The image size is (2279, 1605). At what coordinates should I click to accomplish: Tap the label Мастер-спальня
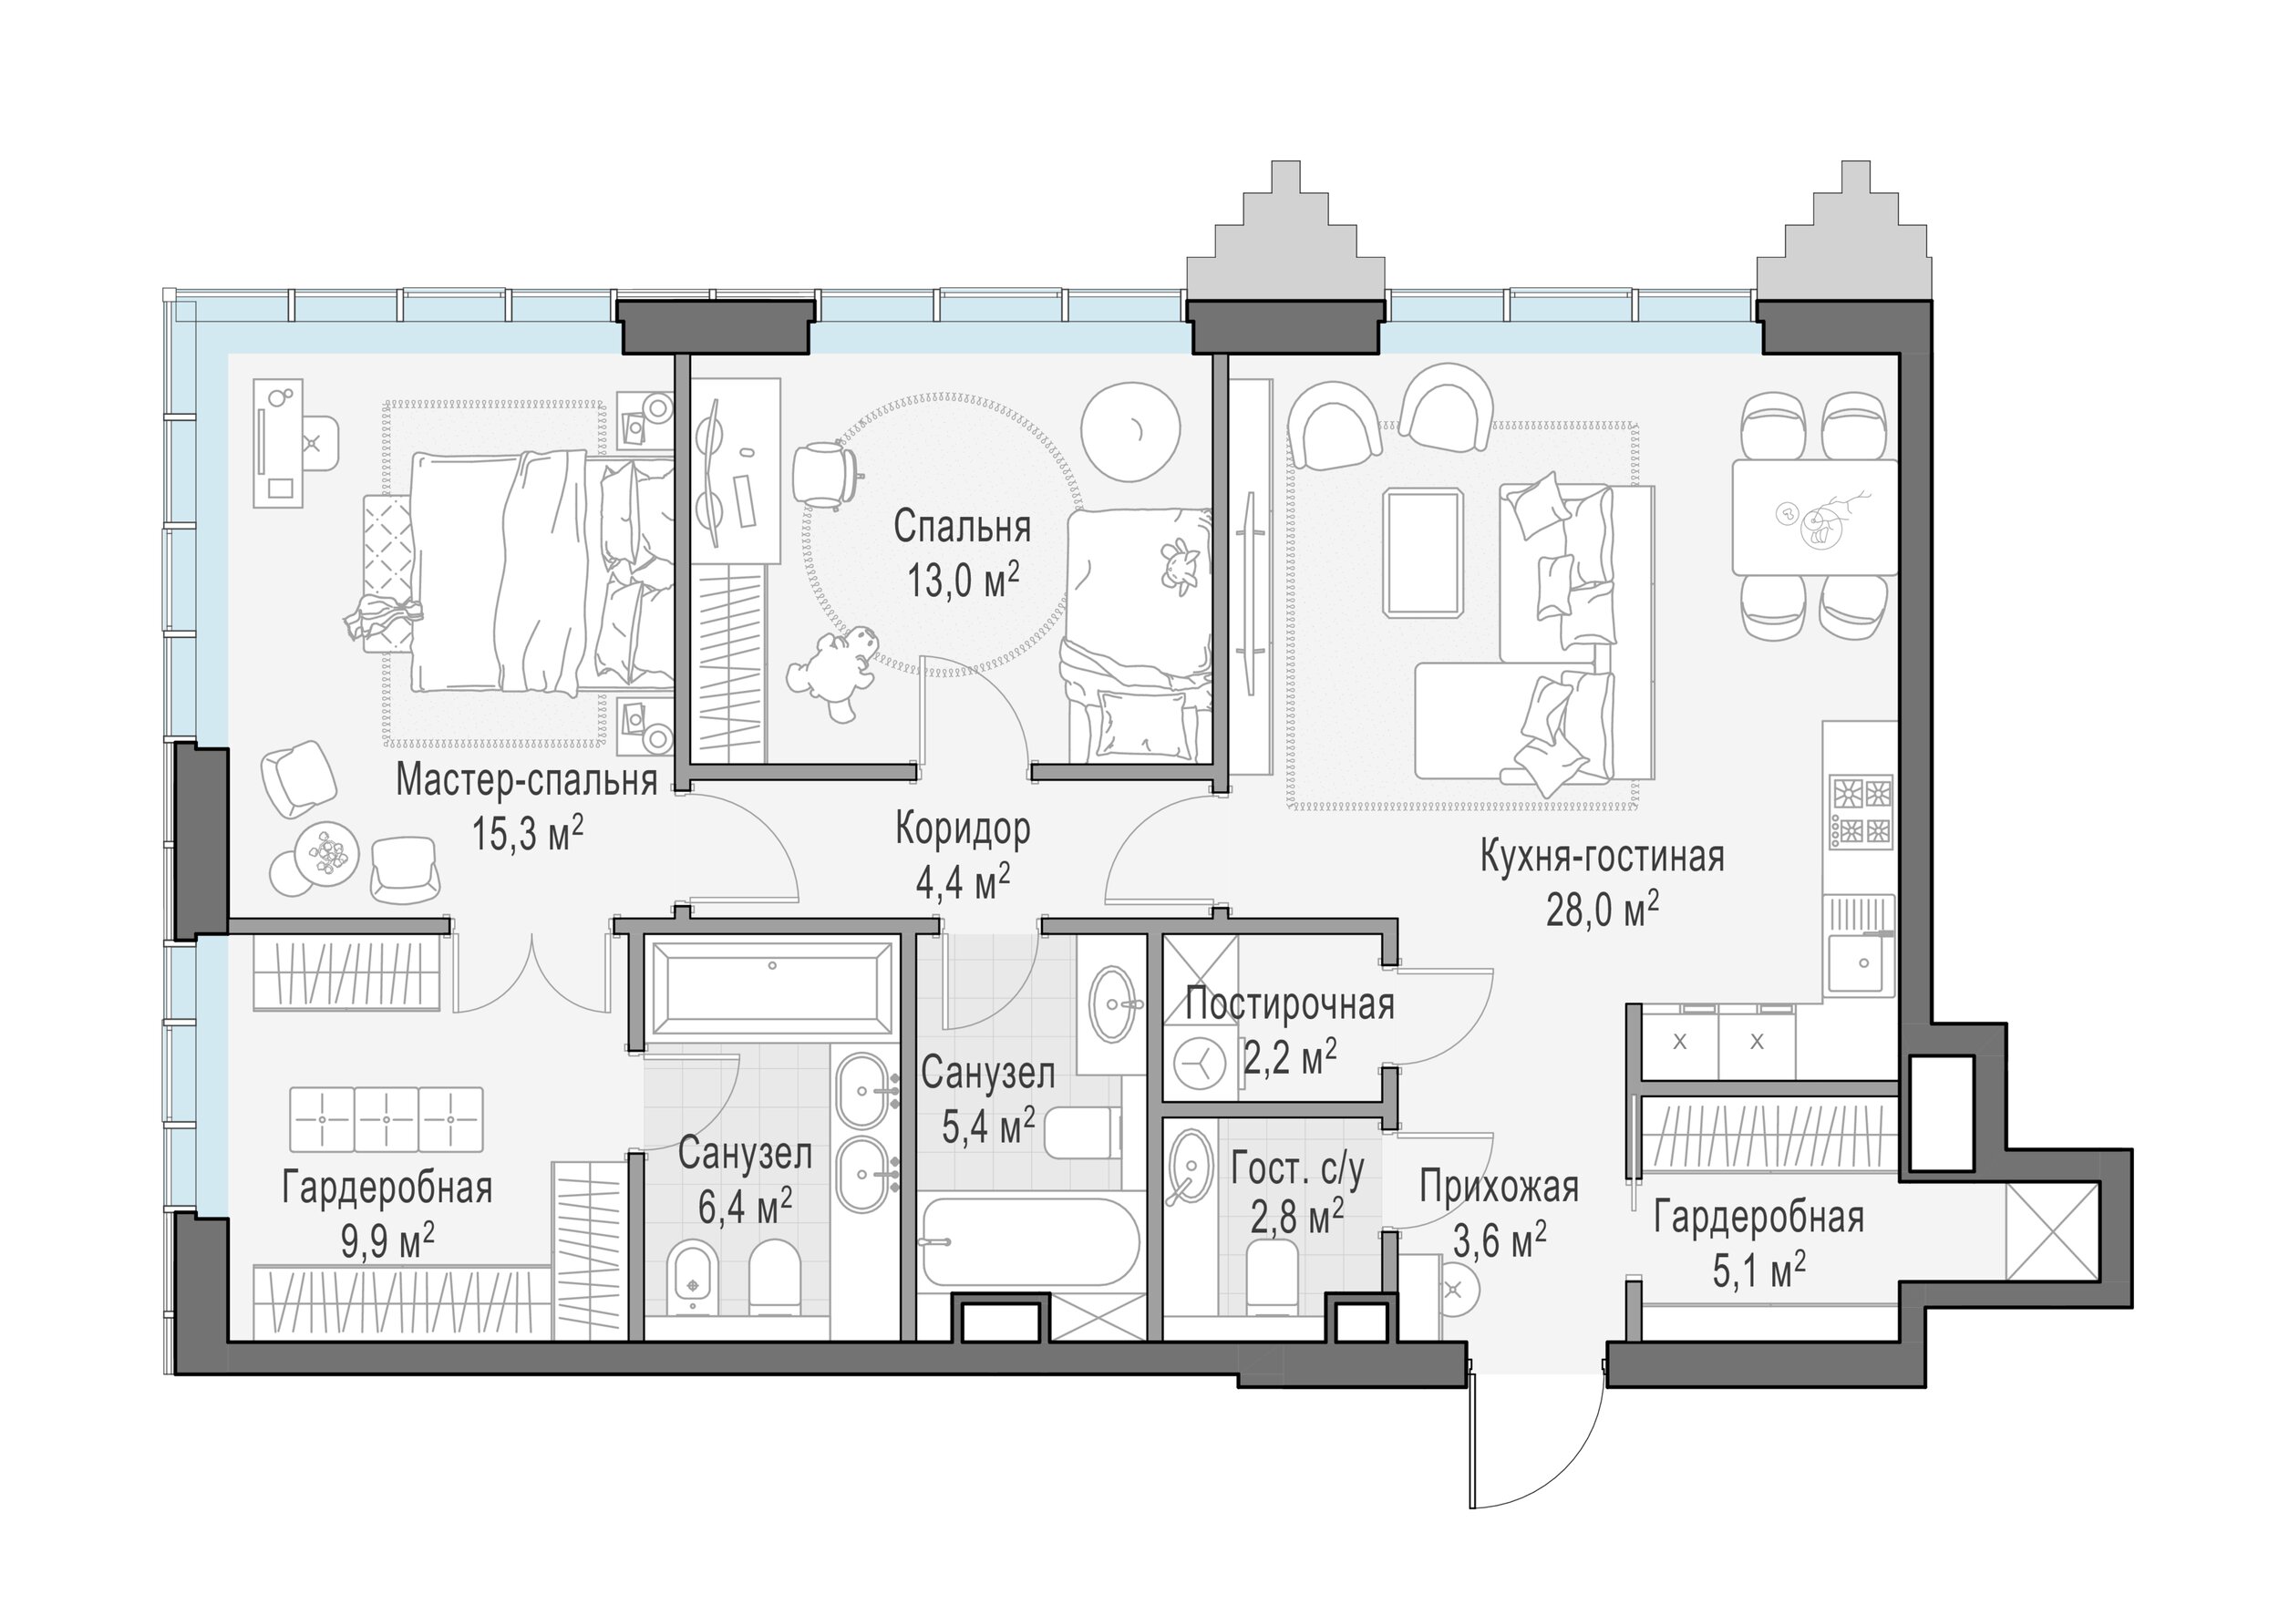pyautogui.click(x=526, y=780)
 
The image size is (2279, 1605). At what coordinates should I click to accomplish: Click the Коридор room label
pyautogui.click(x=963, y=828)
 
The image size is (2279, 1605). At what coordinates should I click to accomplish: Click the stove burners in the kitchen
pyautogui.click(x=1862, y=811)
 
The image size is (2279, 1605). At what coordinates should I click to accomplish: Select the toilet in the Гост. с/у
pyautogui.click(x=1272, y=1278)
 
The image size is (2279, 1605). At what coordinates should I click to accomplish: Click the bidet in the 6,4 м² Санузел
pyautogui.click(x=693, y=1277)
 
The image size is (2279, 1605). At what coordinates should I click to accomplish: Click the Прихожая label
pyautogui.click(x=1499, y=1188)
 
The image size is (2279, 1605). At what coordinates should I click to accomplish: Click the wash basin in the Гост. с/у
pyautogui.click(x=1189, y=1168)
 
